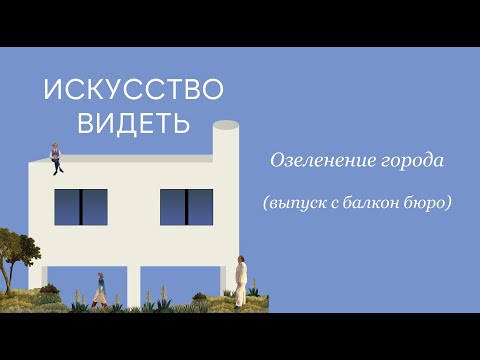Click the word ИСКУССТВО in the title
pyautogui.click(x=133, y=91)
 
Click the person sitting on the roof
pyautogui.click(x=56, y=154)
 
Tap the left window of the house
pyautogui.click(x=81, y=207)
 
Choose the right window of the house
pyautogui.click(x=187, y=207)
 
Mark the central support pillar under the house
pyautogui.click(x=145, y=285)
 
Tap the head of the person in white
pyautogui.click(x=240, y=260)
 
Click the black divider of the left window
pyautogui.click(x=81, y=207)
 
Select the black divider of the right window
pyautogui.click(x=187, y=207)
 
